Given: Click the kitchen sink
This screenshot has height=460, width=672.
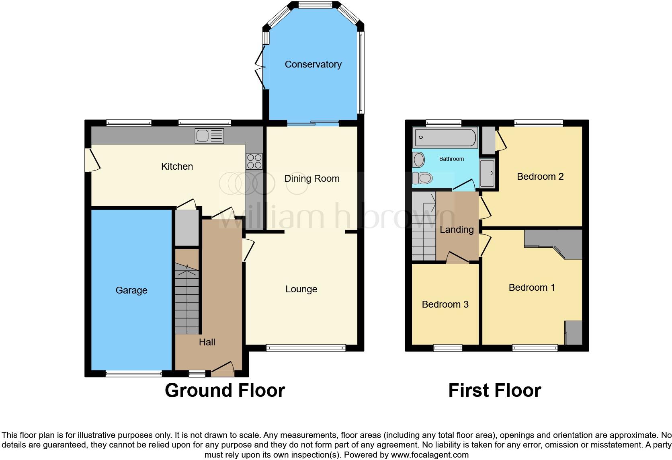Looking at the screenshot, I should pyautogui.click(x=209, y=136).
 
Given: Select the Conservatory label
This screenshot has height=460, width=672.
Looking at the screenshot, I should pyautogui.click(x=313, y=64).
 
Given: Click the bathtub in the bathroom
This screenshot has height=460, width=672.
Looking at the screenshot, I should pyautogui.click(x=445, y=138).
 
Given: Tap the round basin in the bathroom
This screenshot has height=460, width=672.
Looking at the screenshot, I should pyautogui.click(x=419, y=160).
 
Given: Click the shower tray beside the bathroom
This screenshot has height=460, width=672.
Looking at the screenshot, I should pyautogui.click(x=487, y=173).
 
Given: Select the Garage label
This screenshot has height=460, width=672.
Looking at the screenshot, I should pyautogui.click(x=131, y=290).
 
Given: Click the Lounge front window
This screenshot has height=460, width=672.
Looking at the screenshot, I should pyautogui.click(x=305, y=348).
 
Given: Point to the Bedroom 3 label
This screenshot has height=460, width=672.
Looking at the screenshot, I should pyautogui.click(x=445, y=304).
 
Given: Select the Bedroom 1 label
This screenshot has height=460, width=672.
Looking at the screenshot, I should pyautogui.click(x=531, y=287).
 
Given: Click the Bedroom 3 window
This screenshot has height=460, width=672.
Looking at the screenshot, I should pyautogui.click(x=448, y=348).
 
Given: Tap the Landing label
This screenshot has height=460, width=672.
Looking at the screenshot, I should pyautogui.click(x=457, y=230).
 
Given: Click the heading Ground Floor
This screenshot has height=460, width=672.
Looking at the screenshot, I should pyautogui.click(x=225, y=390).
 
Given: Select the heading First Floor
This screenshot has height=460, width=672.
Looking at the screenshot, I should pyautogui.click(x=494, y=390).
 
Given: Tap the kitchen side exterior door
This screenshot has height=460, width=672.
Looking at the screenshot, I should pyautogui.click(x=91, y=160).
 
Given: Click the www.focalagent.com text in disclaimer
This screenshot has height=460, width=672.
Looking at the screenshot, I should pyautogui.click(x=430, y=455).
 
